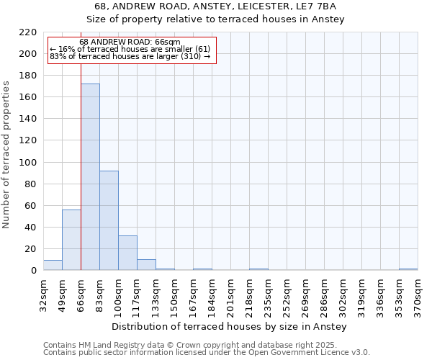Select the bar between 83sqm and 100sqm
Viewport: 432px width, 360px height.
[x=109, y=220]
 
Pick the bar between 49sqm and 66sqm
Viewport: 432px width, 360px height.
[x=71, y=240]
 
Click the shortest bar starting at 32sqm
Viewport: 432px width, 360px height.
[x=53, y=265]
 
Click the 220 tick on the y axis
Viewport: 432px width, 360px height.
[x=28, y=32]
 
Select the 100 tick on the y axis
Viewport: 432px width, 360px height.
[x=28, y=163]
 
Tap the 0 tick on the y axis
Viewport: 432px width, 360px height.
[x=33, y=271]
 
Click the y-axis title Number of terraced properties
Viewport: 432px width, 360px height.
[x=6, y=155]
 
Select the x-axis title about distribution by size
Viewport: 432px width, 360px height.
[x=230, y=327]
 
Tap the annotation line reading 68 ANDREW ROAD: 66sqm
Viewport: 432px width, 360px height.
[x=130, y=42]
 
